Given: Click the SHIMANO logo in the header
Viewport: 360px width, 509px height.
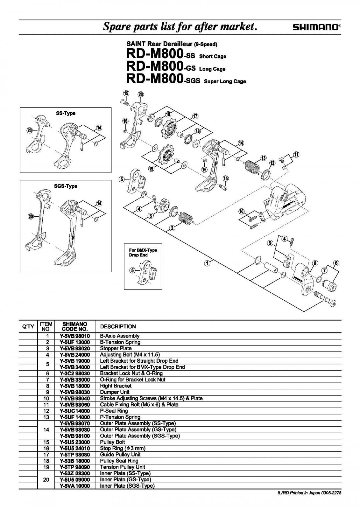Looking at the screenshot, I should (316, 28).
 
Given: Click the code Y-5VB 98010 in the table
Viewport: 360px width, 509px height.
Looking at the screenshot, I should (74, 336).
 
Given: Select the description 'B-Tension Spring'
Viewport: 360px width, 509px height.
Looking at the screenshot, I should (120, 342).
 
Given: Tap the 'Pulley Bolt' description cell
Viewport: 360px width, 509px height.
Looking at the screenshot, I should (112, 442).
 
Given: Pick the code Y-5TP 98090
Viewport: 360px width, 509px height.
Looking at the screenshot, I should (74, 467).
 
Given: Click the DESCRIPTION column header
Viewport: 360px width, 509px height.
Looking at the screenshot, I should (118, 327).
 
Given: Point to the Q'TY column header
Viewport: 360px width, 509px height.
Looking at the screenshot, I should (28, 327).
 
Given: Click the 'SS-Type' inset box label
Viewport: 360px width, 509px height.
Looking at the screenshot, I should (66, 114).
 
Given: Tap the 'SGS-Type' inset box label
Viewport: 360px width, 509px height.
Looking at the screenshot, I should (66, 186).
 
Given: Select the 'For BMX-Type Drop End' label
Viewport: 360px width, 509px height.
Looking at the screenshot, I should (143, 253).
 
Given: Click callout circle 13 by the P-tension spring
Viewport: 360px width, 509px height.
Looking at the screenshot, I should (263, 158).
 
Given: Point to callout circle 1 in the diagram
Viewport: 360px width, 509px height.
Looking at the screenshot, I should (207, 263).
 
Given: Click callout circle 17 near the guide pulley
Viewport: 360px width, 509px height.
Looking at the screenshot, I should (195, 116).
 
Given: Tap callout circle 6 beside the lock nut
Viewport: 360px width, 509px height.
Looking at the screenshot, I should (336, 263).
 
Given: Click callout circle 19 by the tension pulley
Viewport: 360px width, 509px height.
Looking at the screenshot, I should (151, 168).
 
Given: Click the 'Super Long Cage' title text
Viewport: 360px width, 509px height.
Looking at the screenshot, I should (225, 81).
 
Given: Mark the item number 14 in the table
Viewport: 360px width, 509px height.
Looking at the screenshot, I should (46, 429).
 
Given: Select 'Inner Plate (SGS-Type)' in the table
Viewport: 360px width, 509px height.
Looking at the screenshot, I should (127, 486).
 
